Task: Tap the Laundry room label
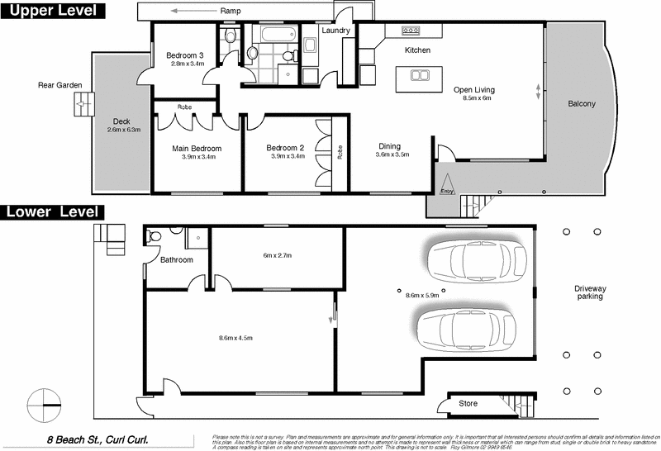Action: point(336,31)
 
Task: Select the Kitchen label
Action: point(417,50)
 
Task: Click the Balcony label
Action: point(582,104)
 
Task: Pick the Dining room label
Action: point(392,146)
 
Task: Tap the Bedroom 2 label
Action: point(286,149)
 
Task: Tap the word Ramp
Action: point(231,12)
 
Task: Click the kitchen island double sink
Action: point(419,75)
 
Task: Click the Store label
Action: point(468,403)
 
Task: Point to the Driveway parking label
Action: point(590,292)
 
